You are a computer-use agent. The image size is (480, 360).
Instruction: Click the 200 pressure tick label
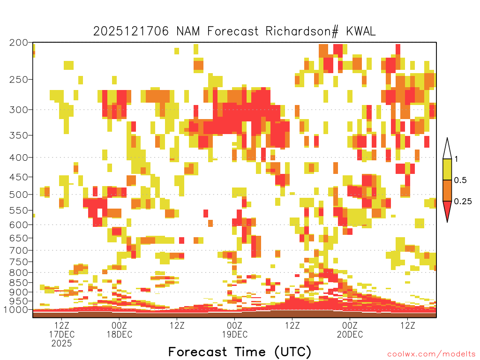tap(19, 43)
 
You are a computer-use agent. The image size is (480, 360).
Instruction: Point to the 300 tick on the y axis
tap(19, 110)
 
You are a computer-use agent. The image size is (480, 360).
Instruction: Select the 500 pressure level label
tap(19, 195)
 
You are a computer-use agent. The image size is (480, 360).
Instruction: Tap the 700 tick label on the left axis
tap(19, 250)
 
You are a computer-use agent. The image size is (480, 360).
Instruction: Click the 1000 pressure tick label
tap(16, 310)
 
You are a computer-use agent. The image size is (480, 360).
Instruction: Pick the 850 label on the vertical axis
tap(19, 283)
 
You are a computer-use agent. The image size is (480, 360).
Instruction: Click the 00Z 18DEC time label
tap(120, 330)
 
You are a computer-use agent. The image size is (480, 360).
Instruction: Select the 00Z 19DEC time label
tap(235, 330)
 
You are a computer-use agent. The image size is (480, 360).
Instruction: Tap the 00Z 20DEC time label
tap(350, 330)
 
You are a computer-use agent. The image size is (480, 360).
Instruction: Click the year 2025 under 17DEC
tap(61, 344)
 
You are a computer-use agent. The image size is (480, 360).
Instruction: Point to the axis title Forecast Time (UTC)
tap(240, 352)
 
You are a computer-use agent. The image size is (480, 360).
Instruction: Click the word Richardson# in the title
tap(302, 31)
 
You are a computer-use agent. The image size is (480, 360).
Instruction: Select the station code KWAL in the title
tap(361, 31)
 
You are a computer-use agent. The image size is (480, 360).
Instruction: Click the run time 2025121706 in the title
tap(131, 31)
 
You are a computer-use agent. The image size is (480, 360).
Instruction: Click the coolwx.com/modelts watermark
tap(432, 354)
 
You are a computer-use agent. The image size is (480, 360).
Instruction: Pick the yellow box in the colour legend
tap(447, 169)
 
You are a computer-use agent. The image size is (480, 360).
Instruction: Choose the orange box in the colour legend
tap(447, 190)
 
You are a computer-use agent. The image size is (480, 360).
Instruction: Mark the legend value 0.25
tap(463, 201)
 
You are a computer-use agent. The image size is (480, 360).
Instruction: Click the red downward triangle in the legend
tap(447, 210)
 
